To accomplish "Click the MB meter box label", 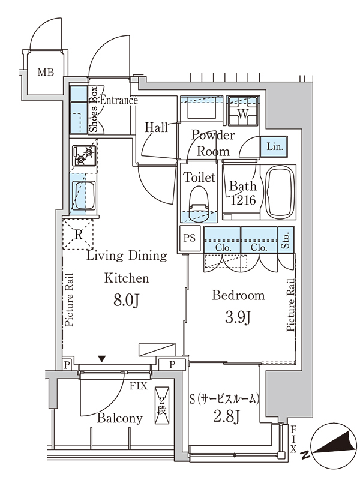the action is click(x=46, y=72).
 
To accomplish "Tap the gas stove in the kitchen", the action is click(x=84, y=155).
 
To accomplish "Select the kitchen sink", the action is click(x=83, y=196).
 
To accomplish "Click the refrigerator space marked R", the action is click(x=78, y=235).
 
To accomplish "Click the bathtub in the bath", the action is click(x=280, y=192).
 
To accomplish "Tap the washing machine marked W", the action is click(x=243, y=111).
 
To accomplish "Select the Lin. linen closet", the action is click(x=274, y=146).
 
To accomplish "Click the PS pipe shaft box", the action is click(x=190, y=238).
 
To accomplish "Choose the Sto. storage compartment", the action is click(x=286, y=239).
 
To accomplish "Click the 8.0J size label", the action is click(x=127, y=301).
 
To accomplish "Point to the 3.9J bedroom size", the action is click(x=238, y=317).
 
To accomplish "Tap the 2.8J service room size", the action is click(x=226, y=416).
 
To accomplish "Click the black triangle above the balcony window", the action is click(x=102, y=358).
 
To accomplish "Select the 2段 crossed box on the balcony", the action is click(x=162, y=406).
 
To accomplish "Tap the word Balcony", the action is click(x=119, y=418).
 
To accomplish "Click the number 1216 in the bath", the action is click(x=243, y=200).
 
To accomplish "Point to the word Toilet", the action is click(x=199, y=177).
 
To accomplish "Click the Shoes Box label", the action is click(x=94, y=109).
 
